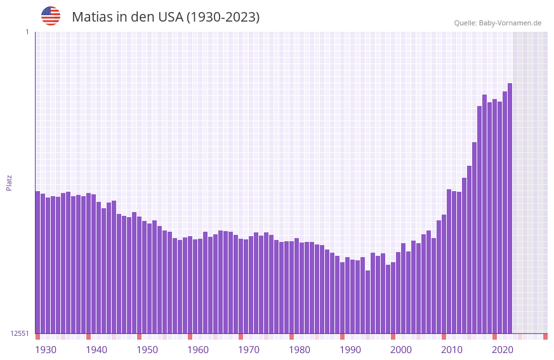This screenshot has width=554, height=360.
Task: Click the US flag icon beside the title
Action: point(51,16)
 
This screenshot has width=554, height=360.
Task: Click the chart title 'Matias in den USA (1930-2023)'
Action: point(166,17)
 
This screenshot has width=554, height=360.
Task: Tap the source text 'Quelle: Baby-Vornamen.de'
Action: point(498,23)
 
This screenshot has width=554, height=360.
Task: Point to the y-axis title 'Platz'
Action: point(9,182)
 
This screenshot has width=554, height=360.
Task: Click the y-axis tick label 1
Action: point(27,32)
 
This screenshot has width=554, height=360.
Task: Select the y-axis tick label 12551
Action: point(20,333)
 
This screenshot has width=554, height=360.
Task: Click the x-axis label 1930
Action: point(46,350)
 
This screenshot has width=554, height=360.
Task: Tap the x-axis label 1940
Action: point(96,350)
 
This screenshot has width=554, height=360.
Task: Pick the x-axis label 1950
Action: point(147,350)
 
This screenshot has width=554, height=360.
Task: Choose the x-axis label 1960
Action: point(198,350)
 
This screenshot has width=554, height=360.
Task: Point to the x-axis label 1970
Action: point(249,350)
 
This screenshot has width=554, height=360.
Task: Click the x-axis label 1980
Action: point(300,350)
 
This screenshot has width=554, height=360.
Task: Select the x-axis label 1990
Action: point(350,350)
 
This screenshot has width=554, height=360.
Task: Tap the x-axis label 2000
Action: point(401,350)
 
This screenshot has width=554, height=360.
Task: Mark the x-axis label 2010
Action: point(452,350)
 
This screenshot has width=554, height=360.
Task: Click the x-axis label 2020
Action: point(503,350)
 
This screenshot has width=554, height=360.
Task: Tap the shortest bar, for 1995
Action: point(367,302)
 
